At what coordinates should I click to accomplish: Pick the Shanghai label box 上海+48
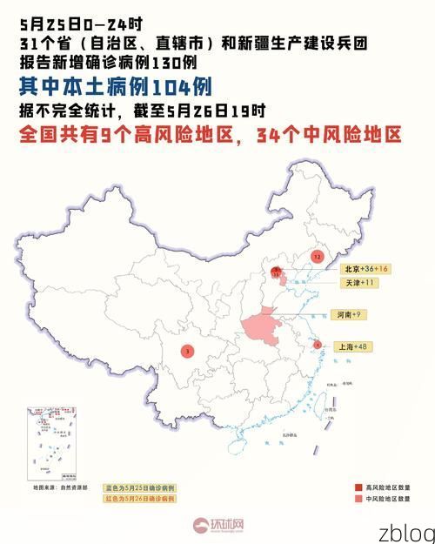tap(353, 346)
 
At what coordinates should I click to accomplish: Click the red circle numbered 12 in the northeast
tap(317, 258)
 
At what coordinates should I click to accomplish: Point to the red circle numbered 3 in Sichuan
tap(188, 351)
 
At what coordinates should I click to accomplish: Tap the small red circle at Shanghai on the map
tap(318, 345)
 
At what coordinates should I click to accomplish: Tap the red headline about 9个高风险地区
tap(210, 135)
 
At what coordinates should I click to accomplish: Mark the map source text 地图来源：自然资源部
tap(59, 489)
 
